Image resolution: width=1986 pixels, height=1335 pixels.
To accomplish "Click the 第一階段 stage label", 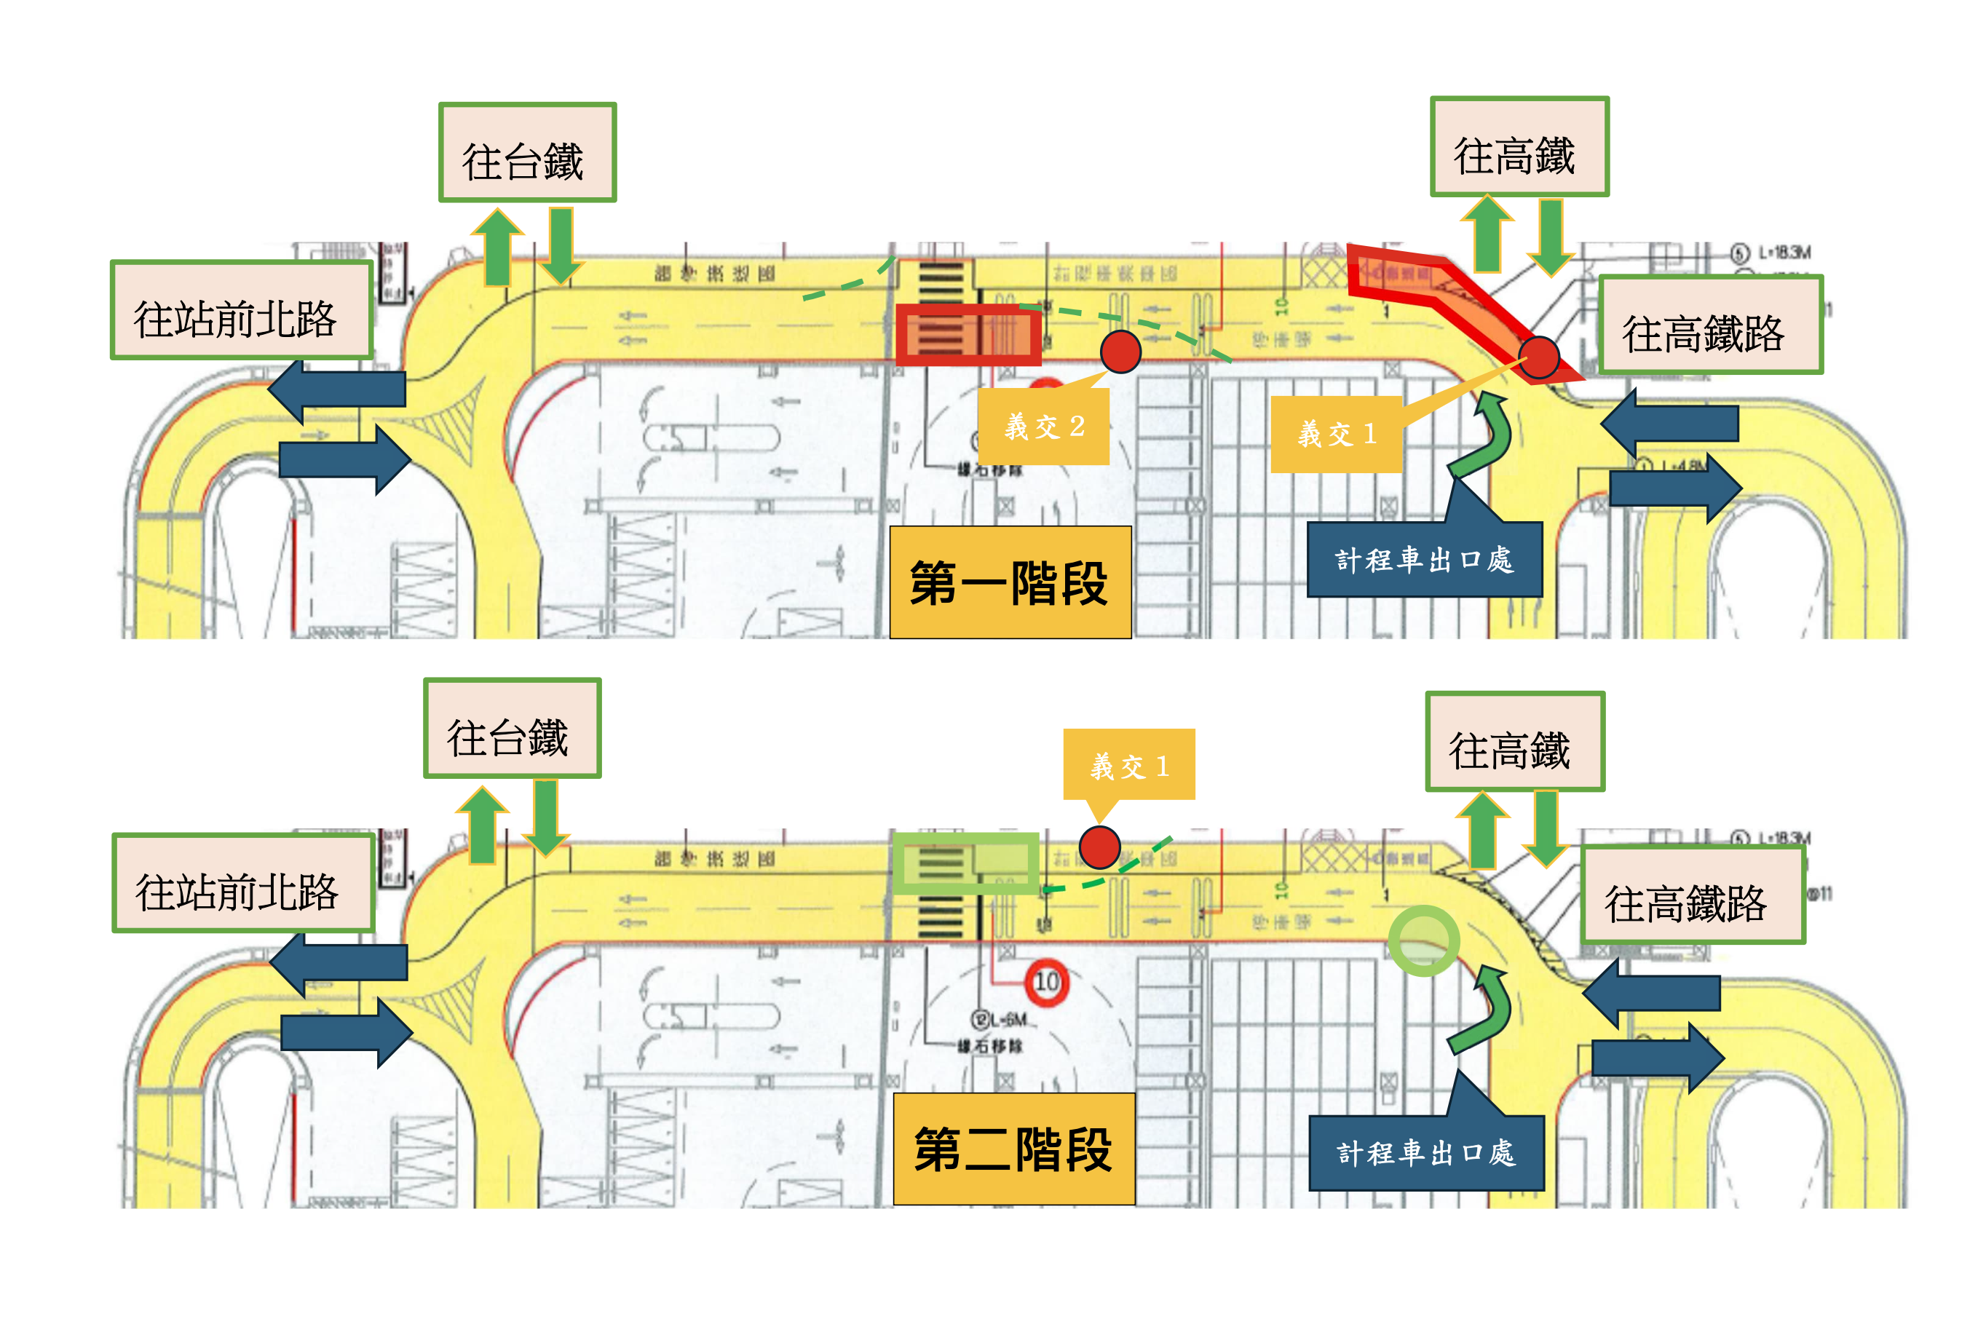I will pyautogui.click(x=1010, y=582).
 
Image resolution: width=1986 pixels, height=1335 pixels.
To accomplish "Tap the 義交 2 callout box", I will pyautogui.click(x=1044, y=426).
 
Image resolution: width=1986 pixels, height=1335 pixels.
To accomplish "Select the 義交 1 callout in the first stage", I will pyautogui.click(x=1336, y=435).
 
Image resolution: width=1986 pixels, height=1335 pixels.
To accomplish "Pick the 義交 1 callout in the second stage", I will pyautogui.click(x=1129, y=764).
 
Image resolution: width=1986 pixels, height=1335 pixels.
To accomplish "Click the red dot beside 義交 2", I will pyautogui.click(x=1120, y=352).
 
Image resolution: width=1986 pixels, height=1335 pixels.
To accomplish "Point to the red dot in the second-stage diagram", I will pyautogui.click(x=1099, y=847).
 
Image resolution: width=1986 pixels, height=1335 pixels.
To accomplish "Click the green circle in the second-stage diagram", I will pyautogui.click(x=1423, y=940).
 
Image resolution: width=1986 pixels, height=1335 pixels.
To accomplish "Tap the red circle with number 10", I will pyautogui.click(x=1046, y=982).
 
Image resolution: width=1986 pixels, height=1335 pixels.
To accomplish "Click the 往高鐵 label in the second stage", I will pyautogui.click(x=1514, y=742).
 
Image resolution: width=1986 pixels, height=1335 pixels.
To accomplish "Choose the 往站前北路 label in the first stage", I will pyautogui.click(x=241, y=311).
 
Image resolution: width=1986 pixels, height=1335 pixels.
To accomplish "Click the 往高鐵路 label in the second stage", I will pyautogui.click(x=1693, y=895).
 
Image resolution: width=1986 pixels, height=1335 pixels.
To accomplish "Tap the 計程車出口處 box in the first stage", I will pyautogui.click(x=1424, y=559).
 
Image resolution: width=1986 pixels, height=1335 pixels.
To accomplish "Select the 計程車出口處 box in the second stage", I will pyautogui.click(x=1426, y=1153).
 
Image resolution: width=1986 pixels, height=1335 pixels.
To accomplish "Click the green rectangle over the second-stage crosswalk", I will pyautogui.click(x=965, y=863).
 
